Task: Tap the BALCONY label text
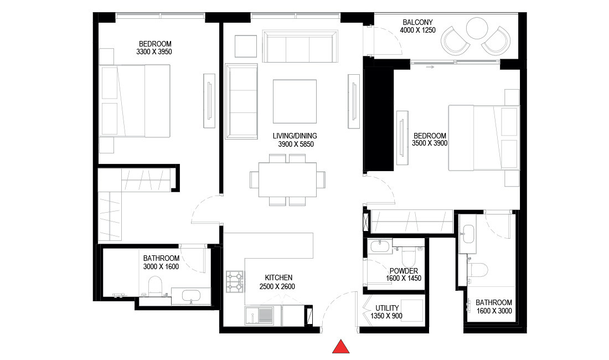(418, 23)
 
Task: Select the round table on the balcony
(476, 29)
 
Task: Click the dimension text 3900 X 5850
(296, 144)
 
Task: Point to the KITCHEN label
(278, 277)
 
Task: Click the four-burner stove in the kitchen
(235, 281)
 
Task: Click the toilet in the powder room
(409, 256)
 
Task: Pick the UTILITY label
(387, 308)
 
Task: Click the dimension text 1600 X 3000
(494, 311)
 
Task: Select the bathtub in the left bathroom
(191, 296)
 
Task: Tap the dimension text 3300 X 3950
(154, 52)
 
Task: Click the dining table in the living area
(287, 180)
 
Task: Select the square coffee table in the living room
(295, 101)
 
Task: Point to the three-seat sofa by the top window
(300, 47)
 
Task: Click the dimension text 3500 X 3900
(430, 143)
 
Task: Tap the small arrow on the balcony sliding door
(430, 66)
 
